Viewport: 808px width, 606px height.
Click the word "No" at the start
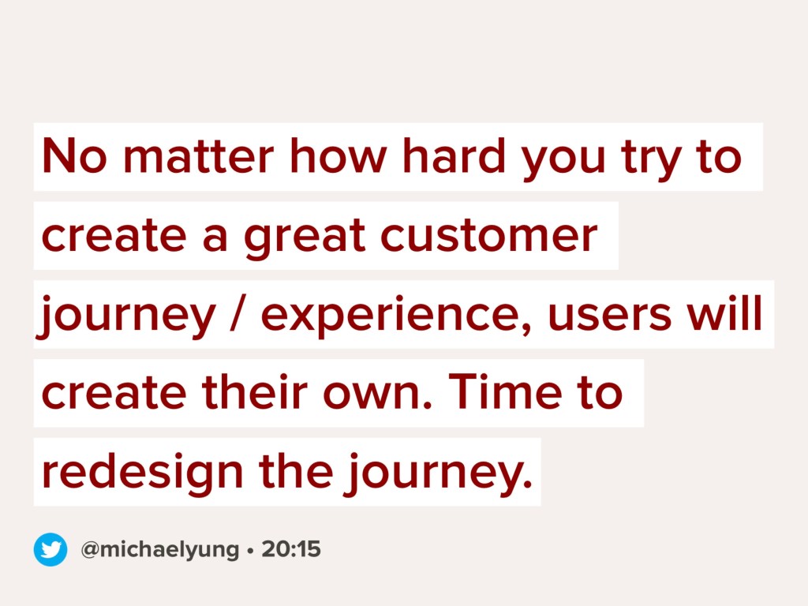[74, 155]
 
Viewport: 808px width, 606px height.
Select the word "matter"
[198, 155]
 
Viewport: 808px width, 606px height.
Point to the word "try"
[653, 159]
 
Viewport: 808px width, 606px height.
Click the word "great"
[305, 238]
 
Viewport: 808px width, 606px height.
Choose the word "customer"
[488, 234]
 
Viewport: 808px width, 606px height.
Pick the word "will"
[724, 312]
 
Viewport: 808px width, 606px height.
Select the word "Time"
[506, 391]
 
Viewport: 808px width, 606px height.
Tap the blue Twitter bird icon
[50, 550]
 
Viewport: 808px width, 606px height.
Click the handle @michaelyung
[159, 550]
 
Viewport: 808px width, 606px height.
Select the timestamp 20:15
[291, 549]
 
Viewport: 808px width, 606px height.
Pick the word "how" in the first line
[338, 155]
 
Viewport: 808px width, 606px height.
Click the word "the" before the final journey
[296, 470]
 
